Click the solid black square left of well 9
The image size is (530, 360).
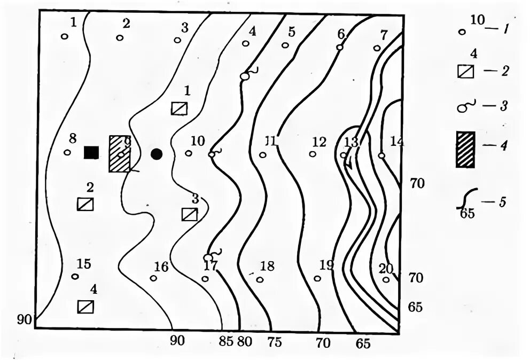coord(91,153)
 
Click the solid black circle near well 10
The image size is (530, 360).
coord(156,154)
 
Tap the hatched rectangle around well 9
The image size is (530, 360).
coord(120,153)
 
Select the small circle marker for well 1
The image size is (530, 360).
coord(64,37)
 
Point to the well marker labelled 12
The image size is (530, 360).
coord(313,154)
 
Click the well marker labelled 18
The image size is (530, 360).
coord(260,279)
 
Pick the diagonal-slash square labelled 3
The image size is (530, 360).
coord(189,214)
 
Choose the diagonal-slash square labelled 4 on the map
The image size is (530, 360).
coord(85,307)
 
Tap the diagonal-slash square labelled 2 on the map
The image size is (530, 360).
coord(85,204)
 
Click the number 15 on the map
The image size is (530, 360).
coord(83,264)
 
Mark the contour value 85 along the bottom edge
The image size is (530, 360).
coord(226,342)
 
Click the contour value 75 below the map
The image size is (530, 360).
coord(275,342)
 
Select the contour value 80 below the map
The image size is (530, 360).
coord(245,342)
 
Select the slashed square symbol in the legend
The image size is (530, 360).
coord(466,71)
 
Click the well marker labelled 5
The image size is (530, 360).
coord(285,45)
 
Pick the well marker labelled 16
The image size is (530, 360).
coord(153,278)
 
